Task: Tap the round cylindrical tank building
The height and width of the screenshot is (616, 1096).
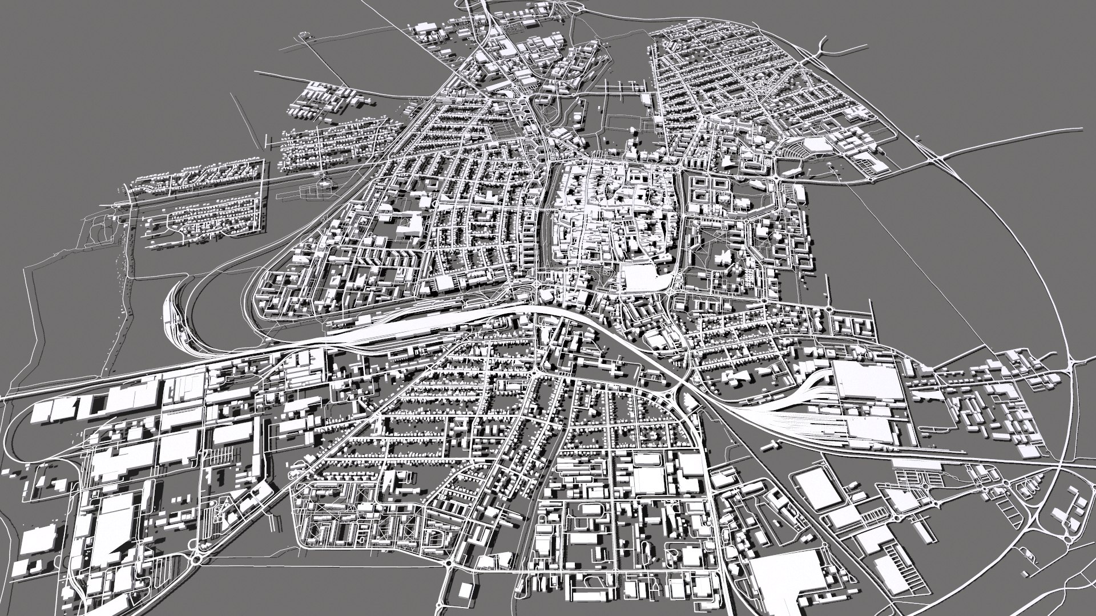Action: click(x=578, y=119)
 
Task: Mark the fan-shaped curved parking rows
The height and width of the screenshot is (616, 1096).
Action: click(x=796, y=151)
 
